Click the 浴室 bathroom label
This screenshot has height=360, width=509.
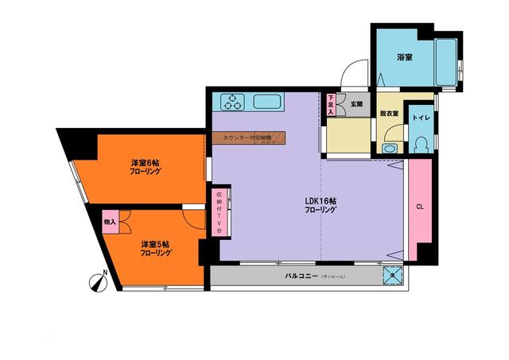[x=406, y=57]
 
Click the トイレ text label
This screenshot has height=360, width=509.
[x=421, y=118]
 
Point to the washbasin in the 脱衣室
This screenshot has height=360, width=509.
[x=390, y=148]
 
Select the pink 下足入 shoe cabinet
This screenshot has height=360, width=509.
[x=331, y=104]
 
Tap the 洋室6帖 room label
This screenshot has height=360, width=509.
[x=146, y=167]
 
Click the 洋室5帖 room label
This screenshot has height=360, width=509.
[x=156, y=247]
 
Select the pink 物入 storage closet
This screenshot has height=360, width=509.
[x=111, y=222]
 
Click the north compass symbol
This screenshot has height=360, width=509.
[x=98, y=281]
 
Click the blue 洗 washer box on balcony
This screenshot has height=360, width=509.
[x=392, y=276]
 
